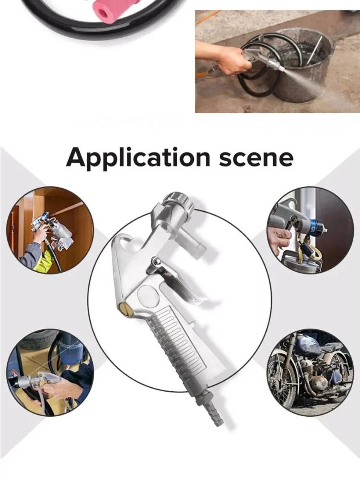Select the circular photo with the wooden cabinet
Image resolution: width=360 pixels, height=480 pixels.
(x=50, y=230)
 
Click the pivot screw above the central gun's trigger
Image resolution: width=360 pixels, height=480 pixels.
(x=155, y=261)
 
